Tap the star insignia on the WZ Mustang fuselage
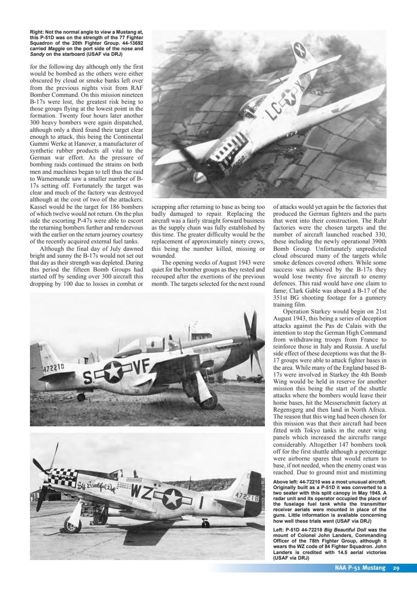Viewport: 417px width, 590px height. [x=174, y=497]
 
